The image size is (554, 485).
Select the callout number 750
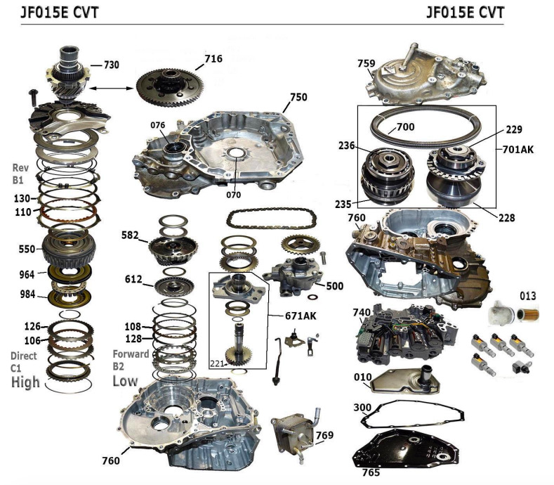298,98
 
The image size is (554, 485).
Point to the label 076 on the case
157,126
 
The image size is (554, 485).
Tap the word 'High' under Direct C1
25,382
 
